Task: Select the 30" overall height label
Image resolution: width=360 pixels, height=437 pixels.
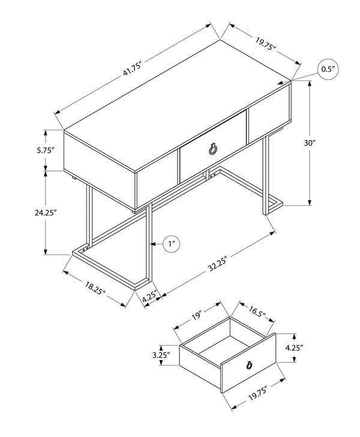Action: point(327,143)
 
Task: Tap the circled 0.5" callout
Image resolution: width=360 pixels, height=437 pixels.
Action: point(328,70)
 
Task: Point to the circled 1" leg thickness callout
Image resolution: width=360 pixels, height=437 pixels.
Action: point(173,244)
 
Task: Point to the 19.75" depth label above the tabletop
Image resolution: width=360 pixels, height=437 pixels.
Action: point(265,45)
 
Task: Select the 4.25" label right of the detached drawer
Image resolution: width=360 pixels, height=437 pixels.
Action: point(310,348)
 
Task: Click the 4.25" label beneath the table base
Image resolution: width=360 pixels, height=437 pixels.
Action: point(149,295)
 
